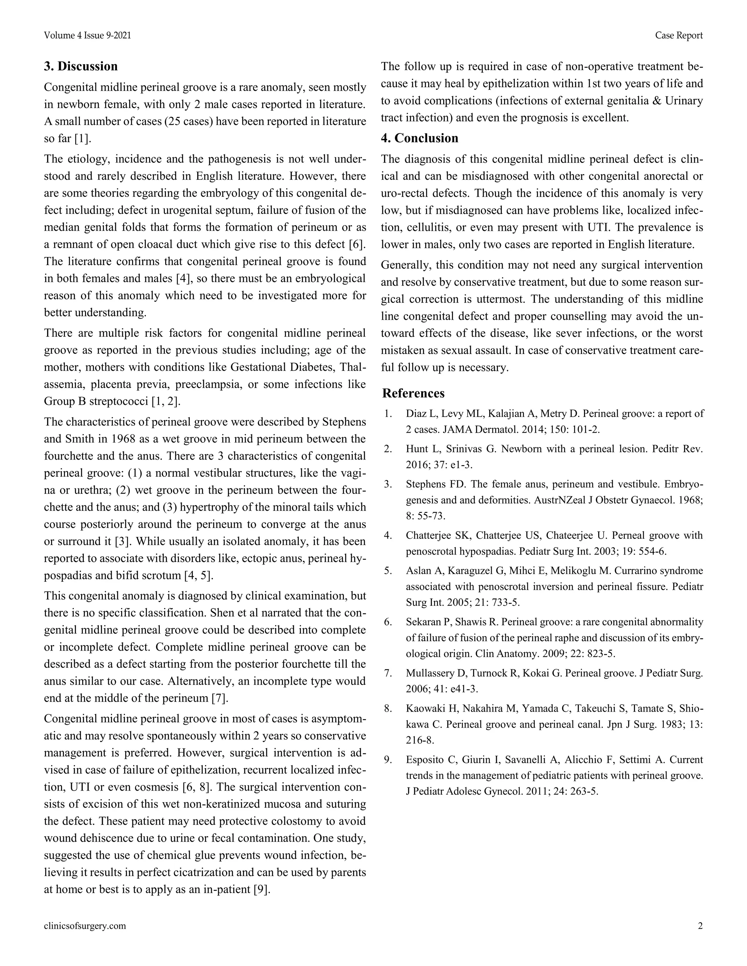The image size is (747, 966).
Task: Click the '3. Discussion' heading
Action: click(x=81, y=66)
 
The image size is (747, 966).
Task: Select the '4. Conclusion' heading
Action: click(x=419, y=138)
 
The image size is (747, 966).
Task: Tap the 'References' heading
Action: click(x=413, y=393)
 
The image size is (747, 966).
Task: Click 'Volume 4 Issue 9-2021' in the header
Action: click(x=87, y=35)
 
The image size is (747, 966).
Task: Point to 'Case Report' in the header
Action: click(x=679, y=35)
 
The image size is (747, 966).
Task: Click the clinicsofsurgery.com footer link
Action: click(x=85, y=926)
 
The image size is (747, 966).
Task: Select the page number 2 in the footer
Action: click(x=700, y=926)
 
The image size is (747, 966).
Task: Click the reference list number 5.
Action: click(x=388, y=570)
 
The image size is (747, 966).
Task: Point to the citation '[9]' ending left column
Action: click(x=261, y=889)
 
